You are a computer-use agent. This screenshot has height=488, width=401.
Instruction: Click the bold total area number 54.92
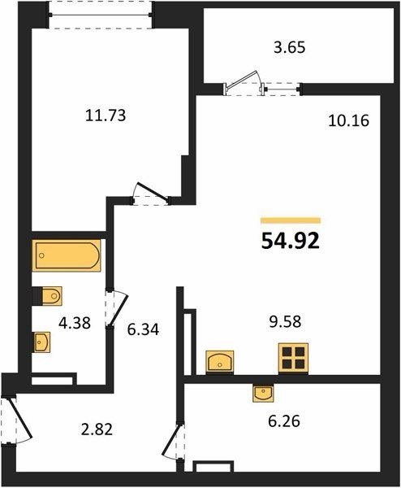291,242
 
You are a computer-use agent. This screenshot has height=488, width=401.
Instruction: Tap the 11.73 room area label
106,115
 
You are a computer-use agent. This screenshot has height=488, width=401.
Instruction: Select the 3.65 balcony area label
290,48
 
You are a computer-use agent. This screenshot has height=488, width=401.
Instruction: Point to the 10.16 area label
348,120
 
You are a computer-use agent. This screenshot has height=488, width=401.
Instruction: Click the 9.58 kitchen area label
285,321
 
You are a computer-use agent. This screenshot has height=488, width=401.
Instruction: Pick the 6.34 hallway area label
143,329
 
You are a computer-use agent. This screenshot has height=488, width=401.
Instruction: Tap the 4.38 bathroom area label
75,323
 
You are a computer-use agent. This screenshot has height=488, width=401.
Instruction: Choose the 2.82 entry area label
97,429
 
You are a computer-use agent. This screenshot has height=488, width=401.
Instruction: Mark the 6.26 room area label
284,421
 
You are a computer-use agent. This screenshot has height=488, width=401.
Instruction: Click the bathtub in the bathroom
67,255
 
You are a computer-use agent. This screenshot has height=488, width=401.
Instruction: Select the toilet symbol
48,296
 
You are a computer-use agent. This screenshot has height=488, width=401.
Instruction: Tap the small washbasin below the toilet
41,342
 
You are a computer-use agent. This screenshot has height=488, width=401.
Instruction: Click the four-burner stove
293,359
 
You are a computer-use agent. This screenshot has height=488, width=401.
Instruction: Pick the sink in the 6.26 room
263,394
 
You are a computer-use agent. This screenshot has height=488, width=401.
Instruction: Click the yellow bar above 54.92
291,220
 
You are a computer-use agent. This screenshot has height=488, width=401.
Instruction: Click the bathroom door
116,308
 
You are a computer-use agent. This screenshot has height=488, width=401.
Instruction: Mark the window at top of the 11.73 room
100,15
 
